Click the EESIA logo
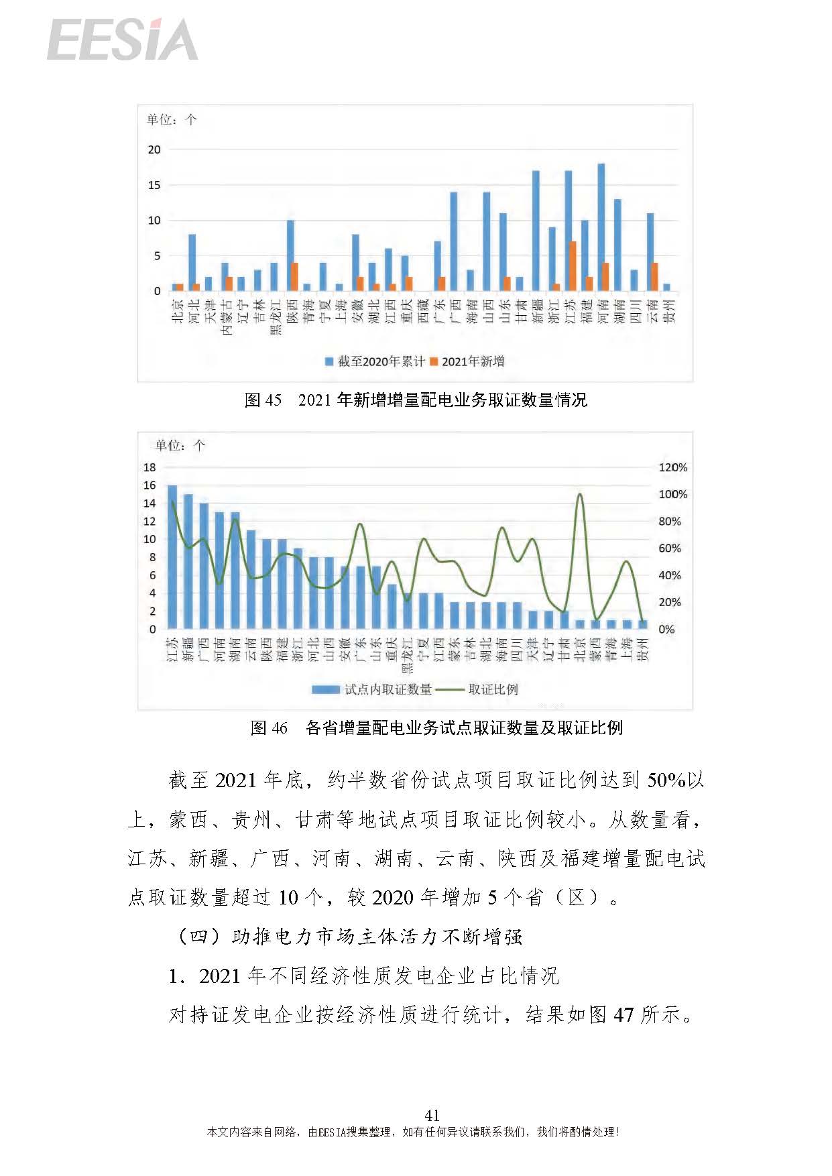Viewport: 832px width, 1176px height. [123, 40]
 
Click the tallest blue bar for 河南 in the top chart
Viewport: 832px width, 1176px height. [601, 228]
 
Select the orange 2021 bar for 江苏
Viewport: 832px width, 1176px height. [573, 266]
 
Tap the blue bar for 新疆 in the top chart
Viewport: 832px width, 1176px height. [536, 231]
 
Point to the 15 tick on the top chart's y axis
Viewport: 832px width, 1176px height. [155, 185]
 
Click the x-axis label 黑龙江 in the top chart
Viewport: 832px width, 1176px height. [276, 316]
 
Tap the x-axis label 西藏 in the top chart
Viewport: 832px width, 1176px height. [423, 311]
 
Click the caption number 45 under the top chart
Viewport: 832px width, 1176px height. [273, 400]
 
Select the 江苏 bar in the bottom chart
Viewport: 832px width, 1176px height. [172, 556]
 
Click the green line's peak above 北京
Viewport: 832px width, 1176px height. [580, 495]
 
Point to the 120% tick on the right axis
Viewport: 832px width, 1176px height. [672, 467]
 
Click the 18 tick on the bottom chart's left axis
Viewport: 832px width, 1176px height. [150, 467]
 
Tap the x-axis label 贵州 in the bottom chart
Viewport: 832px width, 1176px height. [643, 650]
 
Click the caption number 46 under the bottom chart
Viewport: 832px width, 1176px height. [278, 728]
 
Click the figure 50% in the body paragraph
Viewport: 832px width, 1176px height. [665, 780]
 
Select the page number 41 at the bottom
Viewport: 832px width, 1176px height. [432, 1115]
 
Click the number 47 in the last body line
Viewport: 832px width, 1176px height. [623, 1014]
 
